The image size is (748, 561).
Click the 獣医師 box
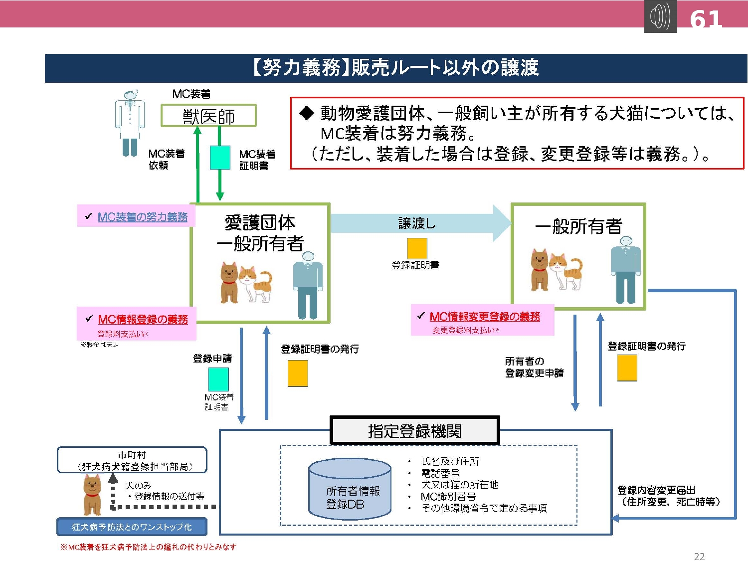pyautogui.click(x=208, y=116)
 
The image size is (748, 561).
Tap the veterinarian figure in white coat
pyautogui.click(x=130, y=123)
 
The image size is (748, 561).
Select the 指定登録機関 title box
pyautogui.click(x=414, y=430)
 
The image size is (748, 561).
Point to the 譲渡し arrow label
pyautogui.click(x=417, y=223)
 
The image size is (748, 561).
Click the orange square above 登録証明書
pyautogui.click(x=417, y=248)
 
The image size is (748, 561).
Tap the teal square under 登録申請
pyautogui.click(x=218, y=379)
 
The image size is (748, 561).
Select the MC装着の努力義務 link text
pyautogui.click(x=143, y=217)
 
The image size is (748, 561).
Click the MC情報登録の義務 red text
pyautogui.click(x=143, y=319)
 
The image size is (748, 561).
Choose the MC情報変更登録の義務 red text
pyautogui.click(x=485, y=317)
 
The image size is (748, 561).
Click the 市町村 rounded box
pyautogui.click(x=132, y=460)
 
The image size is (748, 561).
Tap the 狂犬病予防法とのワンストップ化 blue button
pyautogui.click(x=132, y=527)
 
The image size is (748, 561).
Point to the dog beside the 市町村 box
pyautogui.click(x=92, y=495)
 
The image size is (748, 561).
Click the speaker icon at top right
pyautogui.click(x=660, y=16)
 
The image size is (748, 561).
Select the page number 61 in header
pyautogui.click(x=706, y=19)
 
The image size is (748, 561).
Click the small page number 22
pyautogui.click(x=699, y=556)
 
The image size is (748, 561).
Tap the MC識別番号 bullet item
pyautogui.click(x=448, y=497)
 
